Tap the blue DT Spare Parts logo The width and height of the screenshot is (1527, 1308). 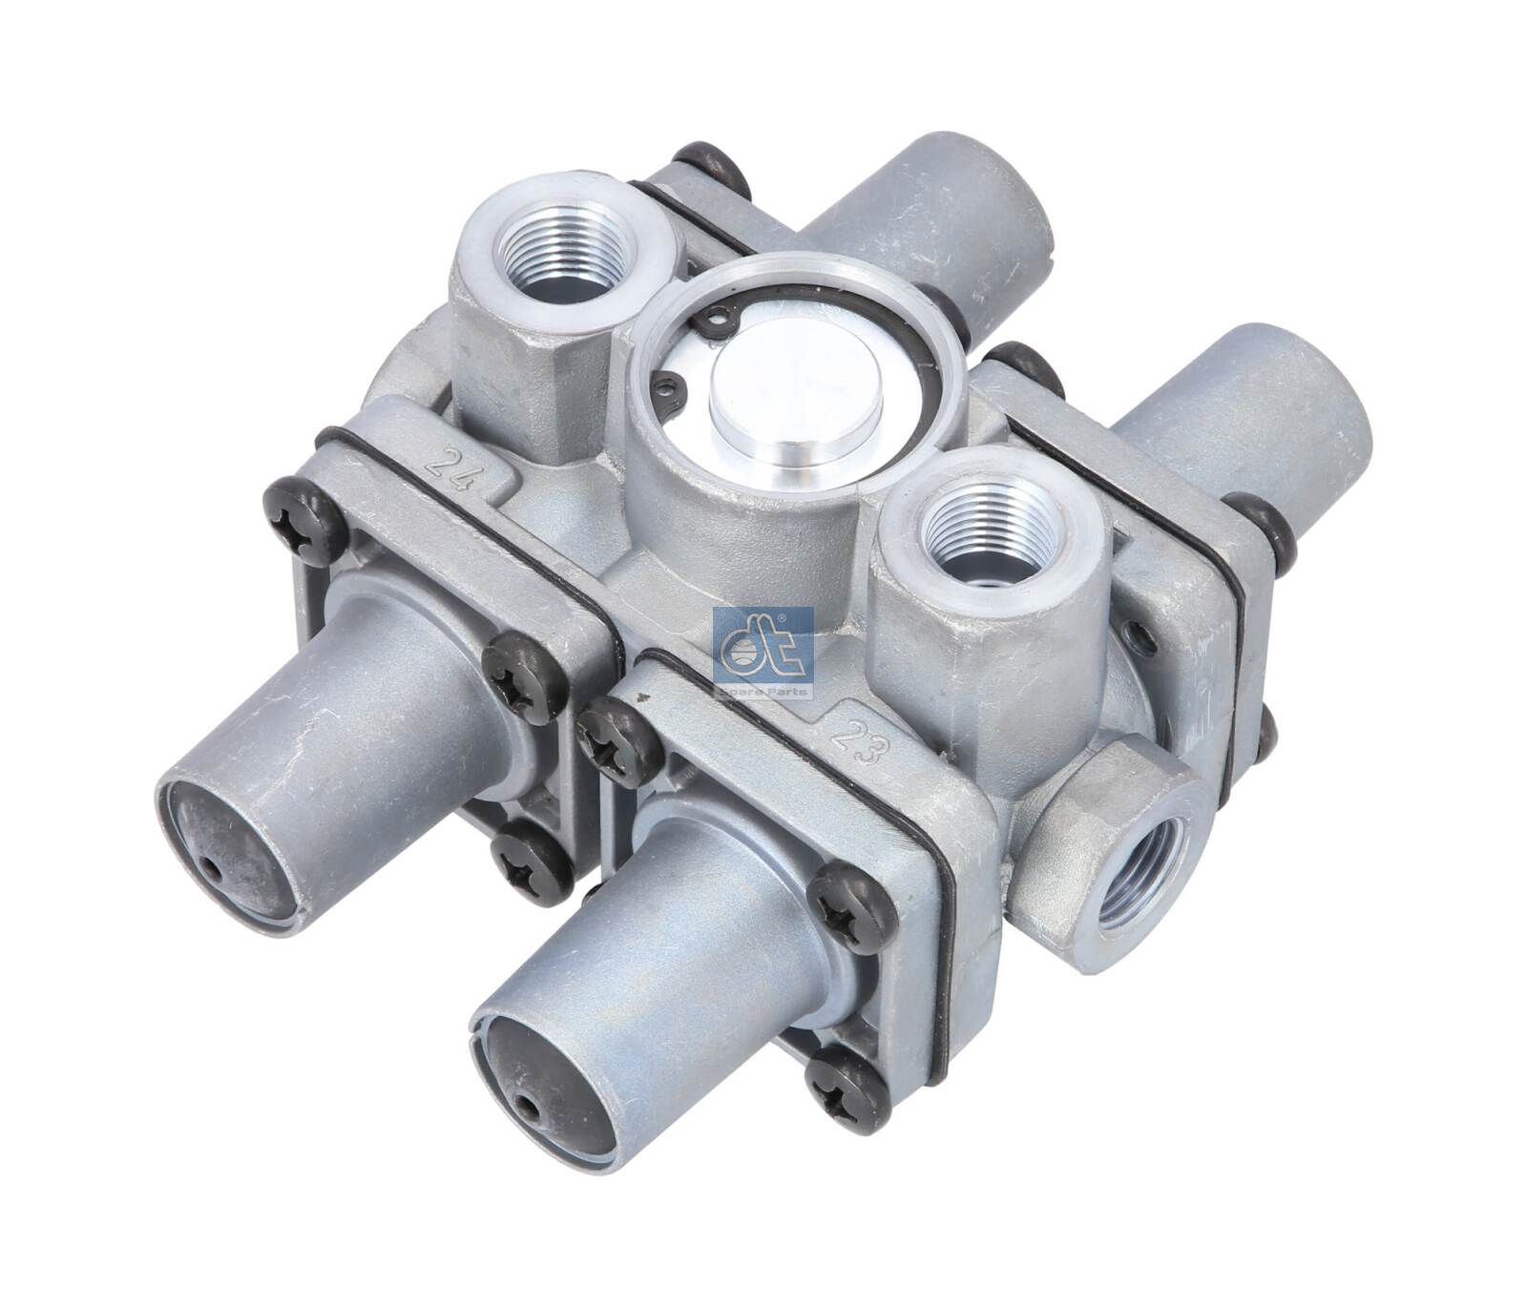(763, 653)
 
